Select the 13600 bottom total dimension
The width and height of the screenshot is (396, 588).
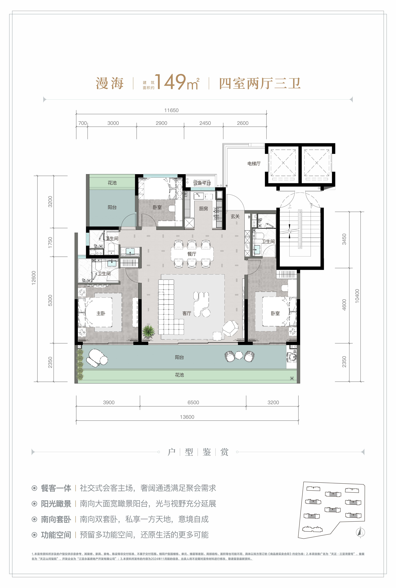(187, 417)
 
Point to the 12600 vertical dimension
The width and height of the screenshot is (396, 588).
(34, 278)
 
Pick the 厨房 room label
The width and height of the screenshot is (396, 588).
(204, 209)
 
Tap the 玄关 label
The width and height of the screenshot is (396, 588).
(235, 216)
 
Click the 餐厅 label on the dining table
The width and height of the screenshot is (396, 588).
(192, 254)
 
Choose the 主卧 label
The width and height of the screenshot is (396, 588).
(101, 313)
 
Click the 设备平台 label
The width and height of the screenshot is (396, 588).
(202, 183)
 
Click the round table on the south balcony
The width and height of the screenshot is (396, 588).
(239, 355)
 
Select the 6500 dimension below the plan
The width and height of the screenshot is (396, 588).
(193, 402)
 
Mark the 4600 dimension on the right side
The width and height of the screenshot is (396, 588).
(344, 305)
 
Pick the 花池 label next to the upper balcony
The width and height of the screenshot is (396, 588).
(112, 183)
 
